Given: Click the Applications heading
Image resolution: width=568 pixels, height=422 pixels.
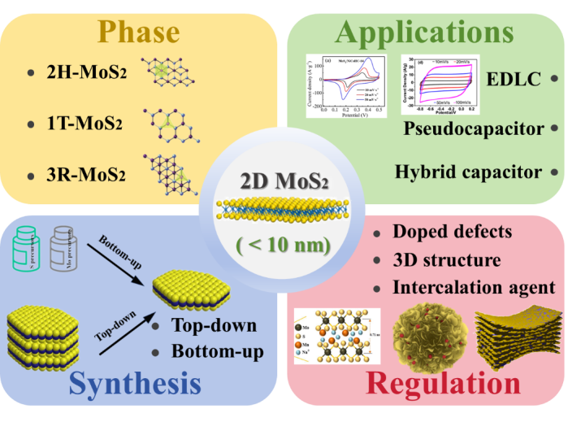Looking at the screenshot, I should point(423,32).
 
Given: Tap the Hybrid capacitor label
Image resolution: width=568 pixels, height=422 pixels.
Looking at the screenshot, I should point(467,172).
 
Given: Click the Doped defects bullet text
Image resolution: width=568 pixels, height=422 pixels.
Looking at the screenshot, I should point(452,231).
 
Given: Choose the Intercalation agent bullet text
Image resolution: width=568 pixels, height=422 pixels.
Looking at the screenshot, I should point(474,286).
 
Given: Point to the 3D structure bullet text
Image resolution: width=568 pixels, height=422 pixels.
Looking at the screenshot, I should point(444,259).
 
